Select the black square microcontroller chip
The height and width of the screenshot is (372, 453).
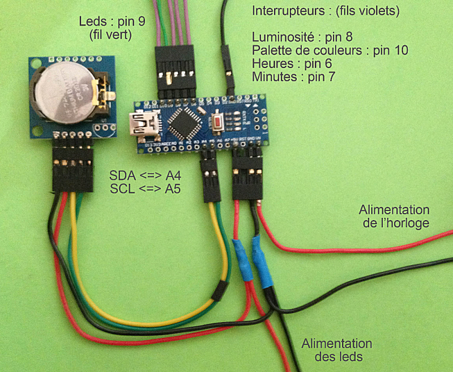pos(185,121)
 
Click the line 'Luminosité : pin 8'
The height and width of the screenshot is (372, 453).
pos(302,37)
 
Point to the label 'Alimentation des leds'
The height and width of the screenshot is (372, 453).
pos(336,350)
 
